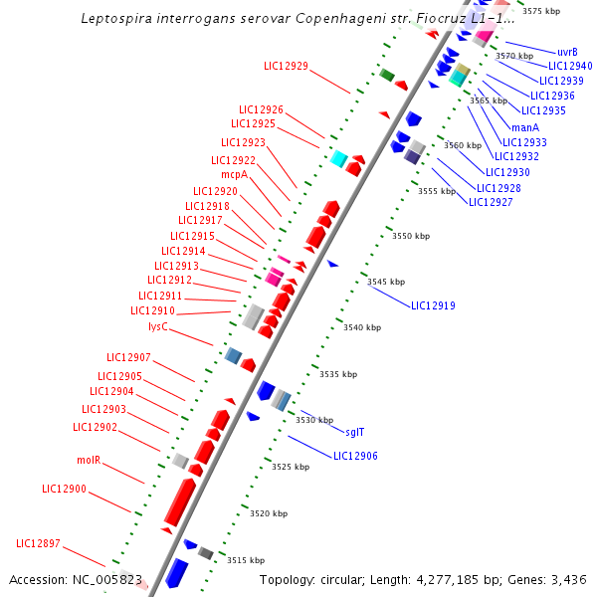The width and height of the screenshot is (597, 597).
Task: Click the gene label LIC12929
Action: (x=286, y=67)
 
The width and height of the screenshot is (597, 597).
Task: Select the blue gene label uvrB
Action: (x=567, y=52)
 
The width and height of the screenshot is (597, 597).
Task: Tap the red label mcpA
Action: (x=234, y=173)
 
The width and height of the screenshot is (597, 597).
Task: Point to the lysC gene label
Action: (x=158, y=326)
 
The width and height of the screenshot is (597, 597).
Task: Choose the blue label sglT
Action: (x=354, y=432)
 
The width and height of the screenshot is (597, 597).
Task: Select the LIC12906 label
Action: (x=355, y=456)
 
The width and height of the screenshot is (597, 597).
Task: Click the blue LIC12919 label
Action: (x=433, y=305)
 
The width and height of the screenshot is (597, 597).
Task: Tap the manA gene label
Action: (x=525, y=127)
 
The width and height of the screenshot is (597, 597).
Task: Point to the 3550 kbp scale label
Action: (x=411, y=237)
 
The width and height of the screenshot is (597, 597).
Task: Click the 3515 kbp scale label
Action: (x=246, y=561)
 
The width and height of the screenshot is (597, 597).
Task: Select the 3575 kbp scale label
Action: (x=541, y=11)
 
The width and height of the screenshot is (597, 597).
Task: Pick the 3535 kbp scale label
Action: (x=337, y=374)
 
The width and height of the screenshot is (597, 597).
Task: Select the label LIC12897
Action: (x=38, y=543)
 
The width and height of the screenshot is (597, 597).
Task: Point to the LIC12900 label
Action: (x=64, y=490)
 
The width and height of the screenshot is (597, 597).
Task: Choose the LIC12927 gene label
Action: (x=491, y=202)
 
